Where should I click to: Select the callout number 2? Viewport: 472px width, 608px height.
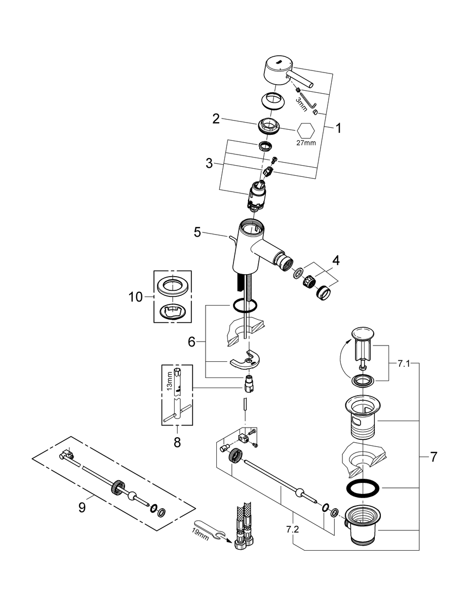216,120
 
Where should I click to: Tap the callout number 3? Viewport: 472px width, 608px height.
209,163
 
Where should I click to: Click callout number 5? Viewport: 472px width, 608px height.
198,233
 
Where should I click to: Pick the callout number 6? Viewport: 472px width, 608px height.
191,342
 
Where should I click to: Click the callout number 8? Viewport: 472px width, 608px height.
177,442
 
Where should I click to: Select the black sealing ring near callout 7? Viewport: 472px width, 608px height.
364,488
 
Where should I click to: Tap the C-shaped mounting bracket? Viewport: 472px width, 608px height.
245,360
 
